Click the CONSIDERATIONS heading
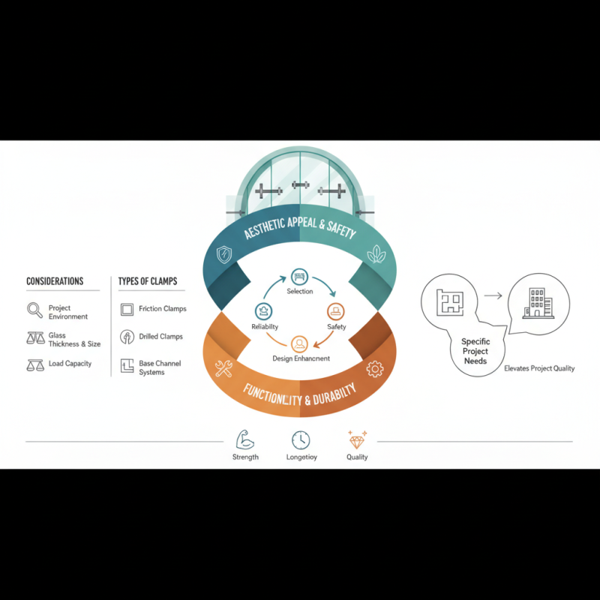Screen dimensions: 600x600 55,281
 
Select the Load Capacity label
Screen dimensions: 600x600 70,364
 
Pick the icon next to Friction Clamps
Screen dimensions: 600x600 127,309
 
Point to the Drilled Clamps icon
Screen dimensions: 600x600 127,337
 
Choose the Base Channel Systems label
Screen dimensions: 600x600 160,367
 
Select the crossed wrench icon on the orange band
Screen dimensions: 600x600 223,368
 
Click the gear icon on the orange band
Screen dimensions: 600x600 375,368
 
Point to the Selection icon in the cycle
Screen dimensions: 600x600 299,276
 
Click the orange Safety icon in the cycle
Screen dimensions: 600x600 335,310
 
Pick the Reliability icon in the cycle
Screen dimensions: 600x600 263,310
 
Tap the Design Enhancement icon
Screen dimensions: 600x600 299,344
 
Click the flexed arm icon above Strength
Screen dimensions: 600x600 245,439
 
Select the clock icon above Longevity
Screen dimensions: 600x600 300,439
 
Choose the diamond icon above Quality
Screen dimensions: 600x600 356,439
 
